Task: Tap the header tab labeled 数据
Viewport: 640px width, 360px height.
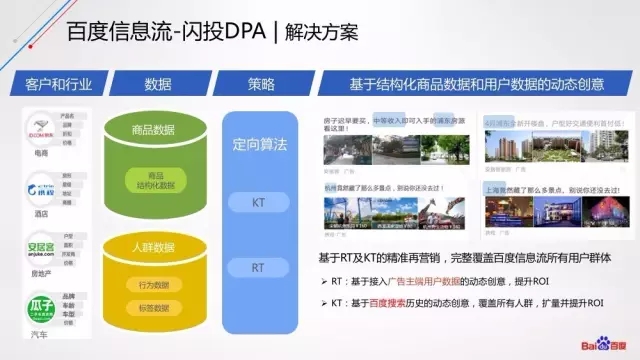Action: tap(158, 83)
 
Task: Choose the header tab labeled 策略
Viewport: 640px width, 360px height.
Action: tap(258, 83)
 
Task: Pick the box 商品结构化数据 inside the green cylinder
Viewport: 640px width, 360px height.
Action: tap(157, 180)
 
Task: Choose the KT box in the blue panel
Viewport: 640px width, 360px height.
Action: tap(258, 203)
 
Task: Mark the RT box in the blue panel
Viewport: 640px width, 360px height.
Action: tap(258, 268)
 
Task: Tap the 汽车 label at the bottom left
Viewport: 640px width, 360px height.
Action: tap(39, 336)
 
